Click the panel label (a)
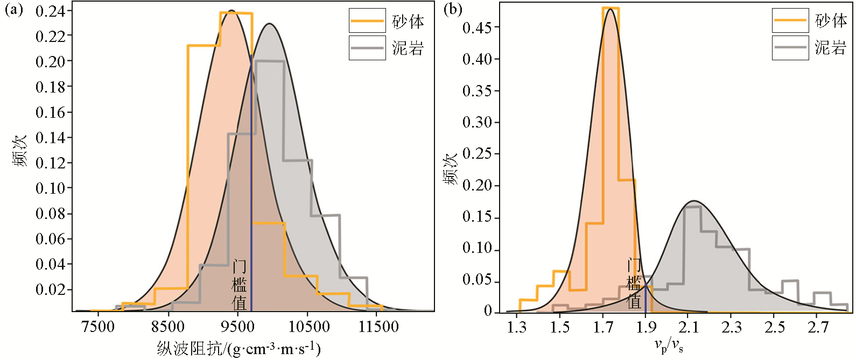pyautogui.click(x=14, y=10)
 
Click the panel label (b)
pyautogui.click(x=453, y=10)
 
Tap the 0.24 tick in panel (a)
pyautogui.click(x=50, y=11)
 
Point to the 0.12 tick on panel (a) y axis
pyautogui.click(x=50, y=163)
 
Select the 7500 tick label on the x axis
pyautogui.click(x=98, y=327)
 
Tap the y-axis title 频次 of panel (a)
pyautogui.click(x=20, y=152)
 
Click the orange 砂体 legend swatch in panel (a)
pyautogui.click(x=367, y=21)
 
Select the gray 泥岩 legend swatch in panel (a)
pyautogui.click(x=367, y=48)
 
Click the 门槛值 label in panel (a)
pyautogui.click(x=239, y=285)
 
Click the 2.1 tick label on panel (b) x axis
pyautogui.click(x=689, y=327)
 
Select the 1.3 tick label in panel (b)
pyautogui.click(x=517, y=327)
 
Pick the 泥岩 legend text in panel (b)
pyautogui.click(x=831, y=48)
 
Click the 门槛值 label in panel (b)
pyautogui.click(x=634, y=284)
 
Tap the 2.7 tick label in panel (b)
pyautogui.click(x=818, y=327)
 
